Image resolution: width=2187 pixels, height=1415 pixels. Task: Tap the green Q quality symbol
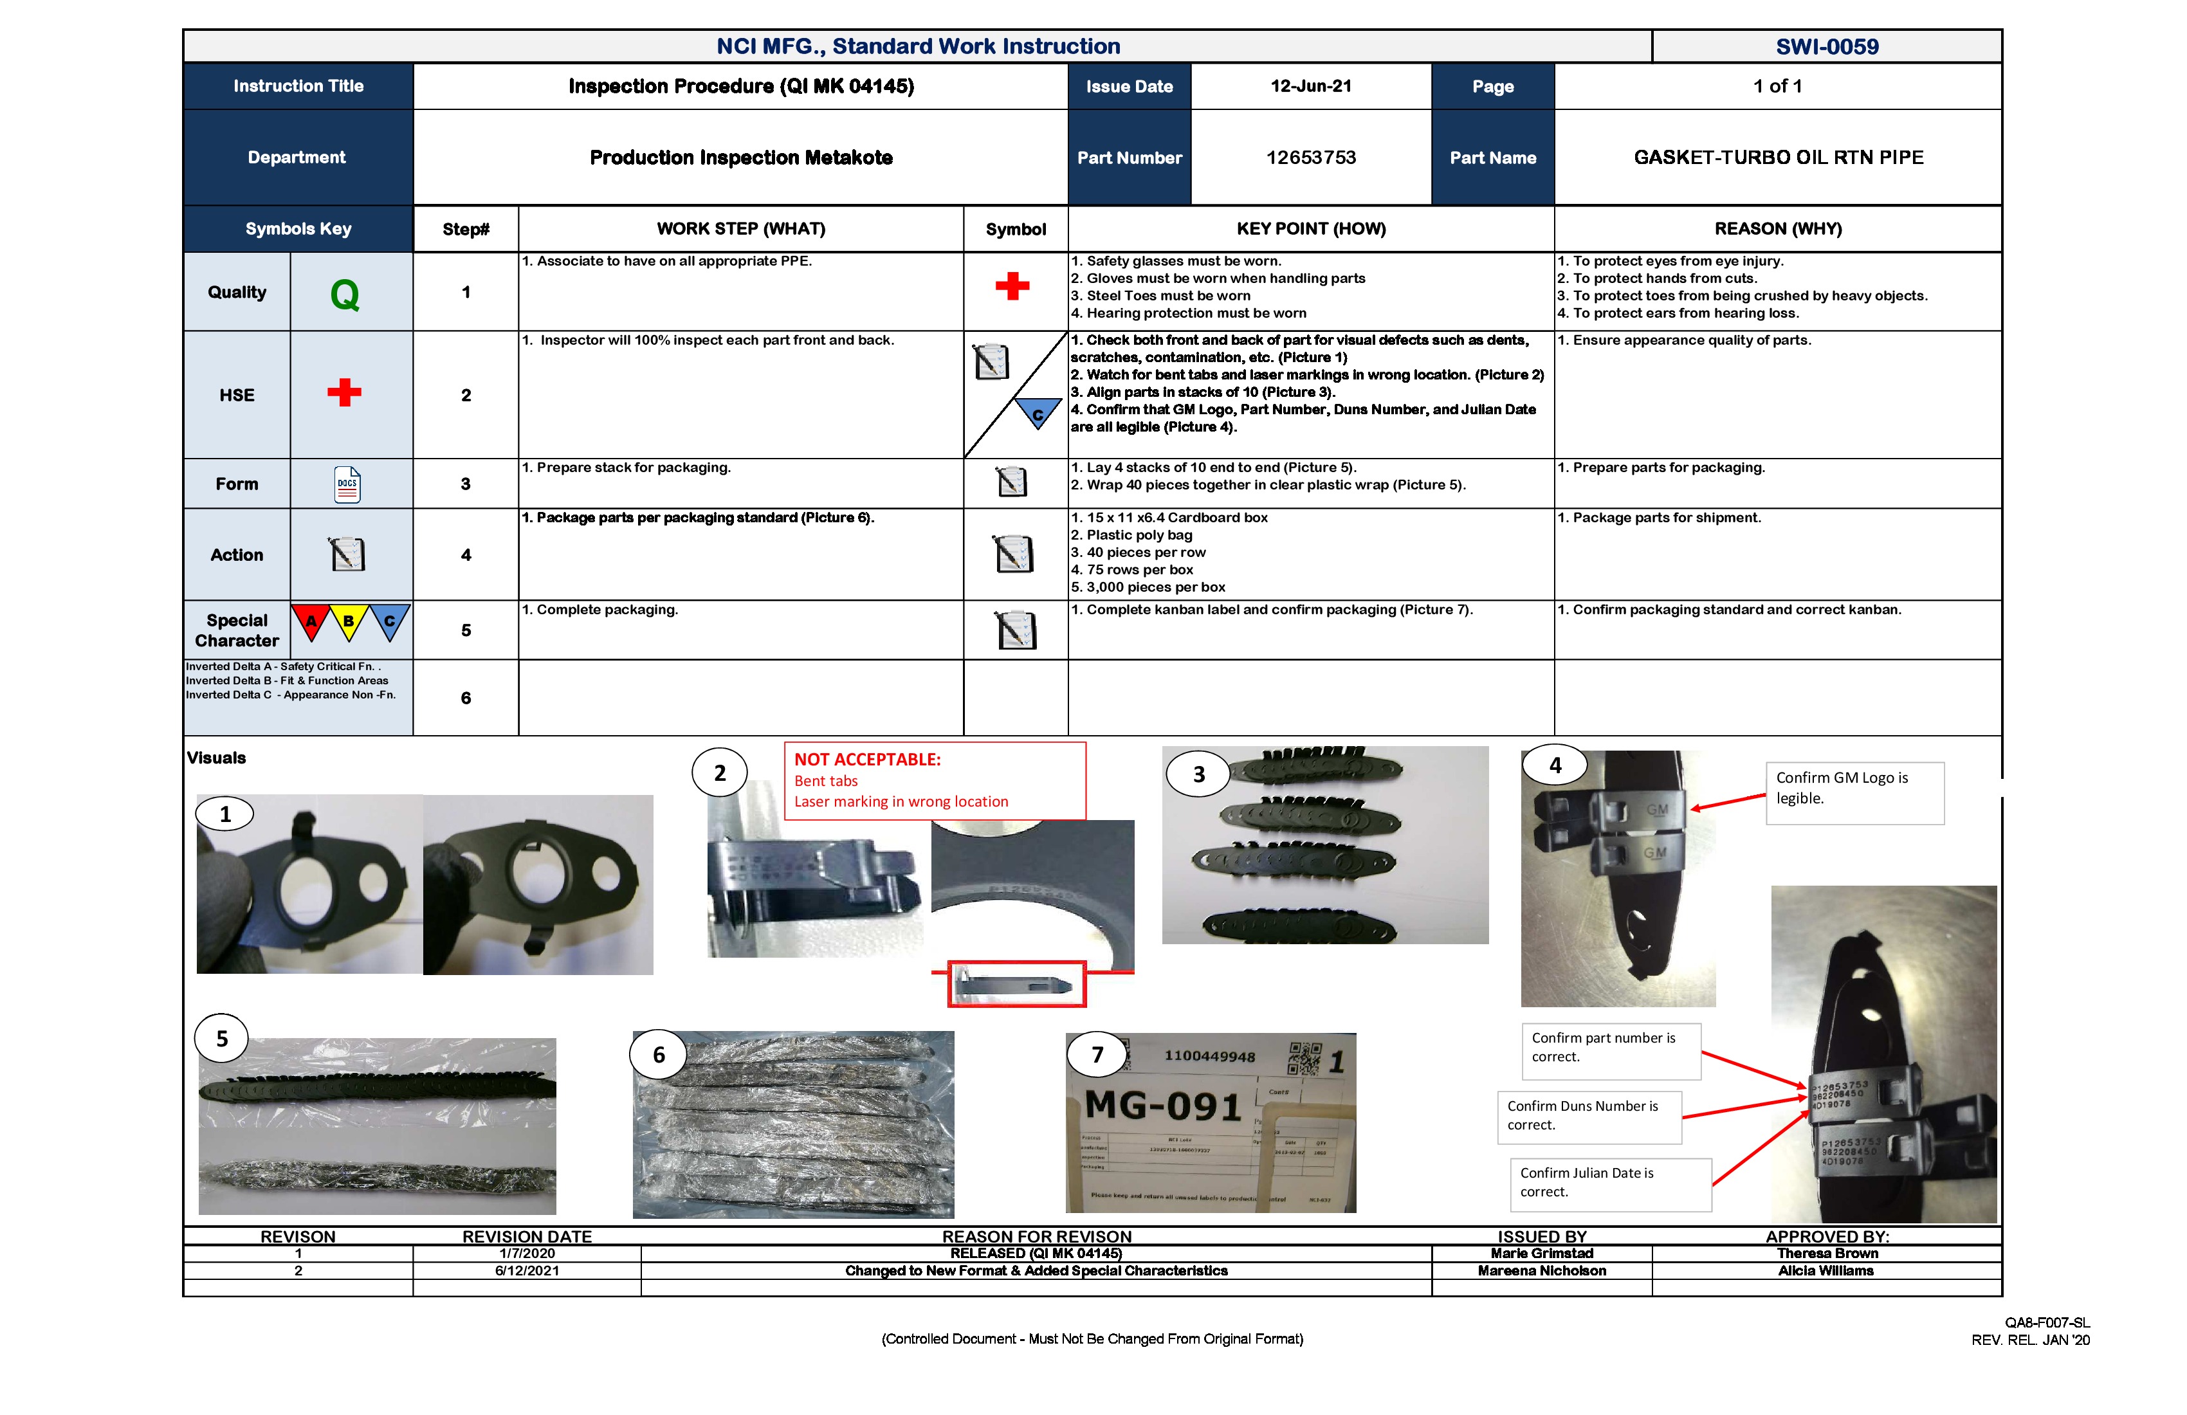[x=345, y=295]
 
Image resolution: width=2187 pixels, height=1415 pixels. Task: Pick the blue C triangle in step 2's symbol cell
[x=1038, y=414]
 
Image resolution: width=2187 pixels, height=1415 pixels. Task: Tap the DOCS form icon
[x=347, y=484]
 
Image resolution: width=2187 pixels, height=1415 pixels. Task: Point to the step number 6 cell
[x=466, y=698]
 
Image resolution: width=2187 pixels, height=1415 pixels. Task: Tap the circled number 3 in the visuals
[x=1198, y=774]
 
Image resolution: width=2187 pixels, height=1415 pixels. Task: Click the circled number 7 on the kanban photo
[x=1097, y=1055]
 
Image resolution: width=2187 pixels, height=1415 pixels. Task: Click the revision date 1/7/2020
[x=527, y=1254]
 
